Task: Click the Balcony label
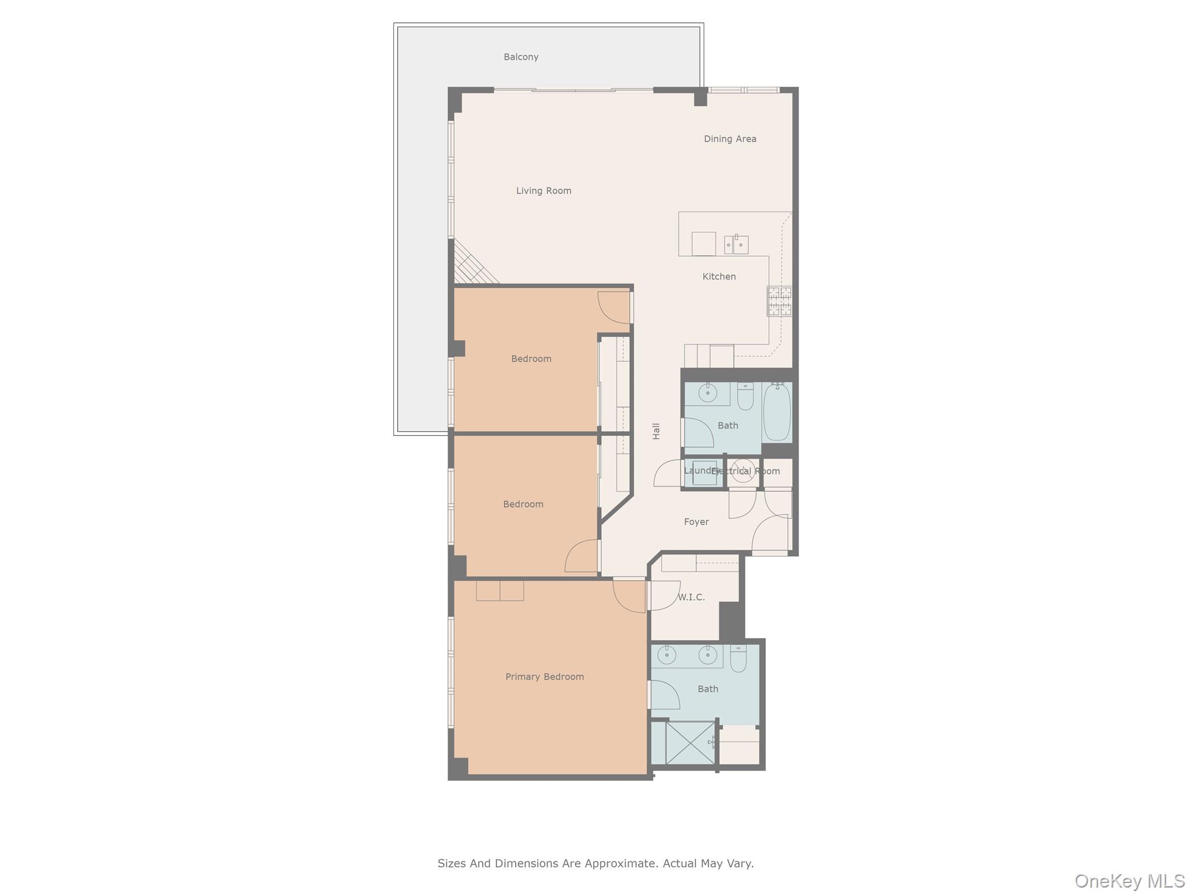[x=521, y=57]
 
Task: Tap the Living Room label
[x=544, y=191]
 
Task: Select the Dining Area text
[x=730, y=139]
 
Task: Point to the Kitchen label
[x=719, y=276]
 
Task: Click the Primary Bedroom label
[x=544, y=677]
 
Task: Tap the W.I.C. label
[x=691, y=597]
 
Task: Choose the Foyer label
[x=696, y=522]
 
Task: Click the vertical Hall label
[x=657, y=431]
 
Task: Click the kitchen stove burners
[x=779, y=301]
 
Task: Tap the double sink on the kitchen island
[x=736, y=244]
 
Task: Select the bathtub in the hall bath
[x=776, y=412]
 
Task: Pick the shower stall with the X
[x=690, y=743]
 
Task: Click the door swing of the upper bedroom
[x=613, y=307]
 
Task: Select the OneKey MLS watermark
[x=1129, y=881]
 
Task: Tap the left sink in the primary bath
[x=667, y=656]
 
